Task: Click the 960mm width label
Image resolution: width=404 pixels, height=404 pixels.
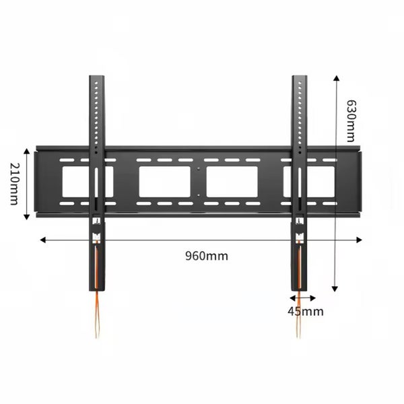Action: click(206, 255)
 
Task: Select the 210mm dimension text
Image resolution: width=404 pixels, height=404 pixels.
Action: click(13, 183)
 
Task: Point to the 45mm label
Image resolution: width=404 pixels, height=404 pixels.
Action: click(305, 311)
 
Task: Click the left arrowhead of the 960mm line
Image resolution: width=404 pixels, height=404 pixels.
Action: click(42, 239)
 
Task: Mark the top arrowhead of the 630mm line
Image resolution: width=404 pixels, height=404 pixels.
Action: click(335, 77)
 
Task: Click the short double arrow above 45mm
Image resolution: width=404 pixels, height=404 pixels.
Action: click(302, 296)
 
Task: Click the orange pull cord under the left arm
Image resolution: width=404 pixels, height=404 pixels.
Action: click(97, 310)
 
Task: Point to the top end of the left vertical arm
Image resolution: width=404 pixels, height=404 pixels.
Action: click(97, 78)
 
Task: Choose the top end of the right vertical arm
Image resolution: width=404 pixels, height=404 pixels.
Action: click(299, 78)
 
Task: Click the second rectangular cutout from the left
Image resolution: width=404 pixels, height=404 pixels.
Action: click(164, 182)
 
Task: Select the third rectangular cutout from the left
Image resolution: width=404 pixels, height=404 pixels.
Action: click(232, 182)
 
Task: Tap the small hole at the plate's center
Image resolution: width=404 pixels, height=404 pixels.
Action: click(199, 169)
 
